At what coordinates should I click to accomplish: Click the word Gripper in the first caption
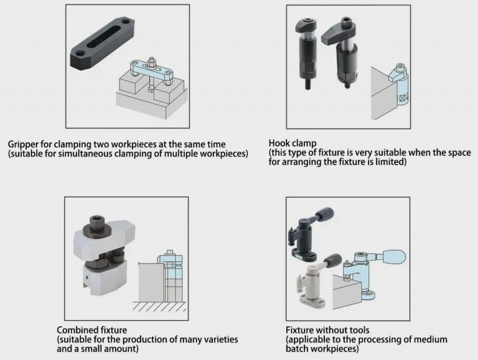(x=24, y=144)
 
